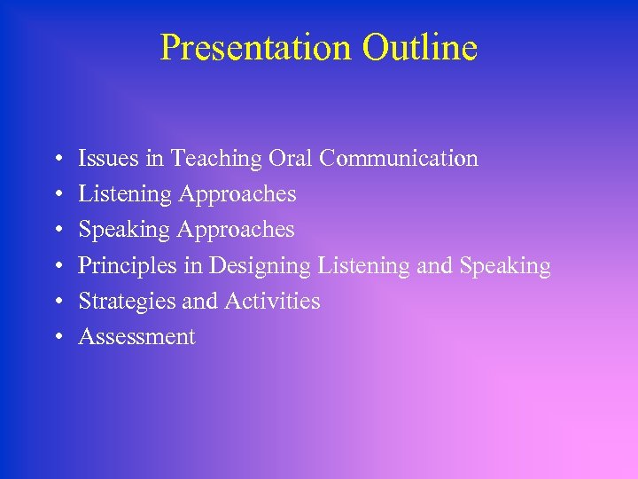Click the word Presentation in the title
coord(247,48)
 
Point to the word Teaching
coord(216,160)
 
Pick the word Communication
coord(399,159)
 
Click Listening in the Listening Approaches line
coord(125,194)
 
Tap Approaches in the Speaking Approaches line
coord(235,231)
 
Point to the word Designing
coord(260,266)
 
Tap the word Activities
coord(272,302)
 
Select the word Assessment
coord(136,337)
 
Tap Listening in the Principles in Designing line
coord(362,266)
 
